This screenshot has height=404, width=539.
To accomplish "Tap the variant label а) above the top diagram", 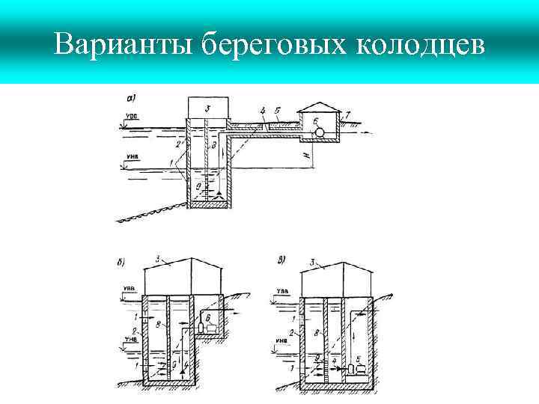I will [x=132, y=97].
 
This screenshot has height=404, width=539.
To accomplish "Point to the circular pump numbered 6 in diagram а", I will [x=320, y=132].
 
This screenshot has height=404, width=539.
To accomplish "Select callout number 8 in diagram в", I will [x=319, y=330].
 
